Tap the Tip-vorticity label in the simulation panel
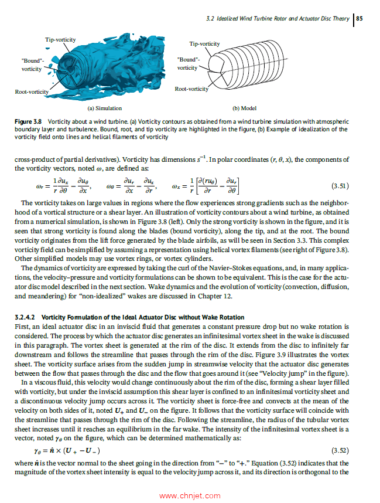[60, 39]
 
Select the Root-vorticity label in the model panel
[191, 89]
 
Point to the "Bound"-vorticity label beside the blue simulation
[32, 64]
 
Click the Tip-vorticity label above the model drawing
[204, 44]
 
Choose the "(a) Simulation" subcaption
[104, 108]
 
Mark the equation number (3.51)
[340, 186]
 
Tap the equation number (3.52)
[340, 450]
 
